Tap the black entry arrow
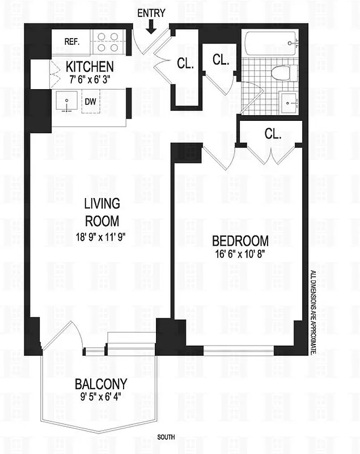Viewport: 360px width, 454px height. pos(152,26)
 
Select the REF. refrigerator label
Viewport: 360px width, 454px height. pos(71,41)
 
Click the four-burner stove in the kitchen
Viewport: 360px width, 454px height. pos(108,41)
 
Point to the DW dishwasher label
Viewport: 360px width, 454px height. pos(91,102)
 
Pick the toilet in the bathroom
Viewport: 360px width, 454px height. pos(279,73)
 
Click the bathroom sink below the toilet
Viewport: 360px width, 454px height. pos(291,103)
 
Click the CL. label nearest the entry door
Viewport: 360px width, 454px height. pos(185,64)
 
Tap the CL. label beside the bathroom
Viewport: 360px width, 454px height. pos(221,59)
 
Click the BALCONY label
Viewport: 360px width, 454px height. pos(101,383)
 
